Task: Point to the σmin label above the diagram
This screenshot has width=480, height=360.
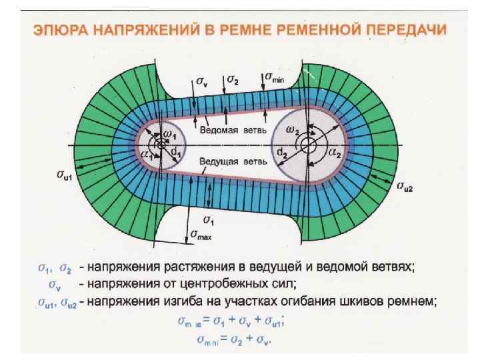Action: [x=275, y=77]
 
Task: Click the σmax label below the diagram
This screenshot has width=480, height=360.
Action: [x=201, y=235]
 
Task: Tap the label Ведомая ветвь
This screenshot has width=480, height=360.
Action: [x=228, y=131]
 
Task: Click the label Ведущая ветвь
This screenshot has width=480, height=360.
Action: [x=229, y=161]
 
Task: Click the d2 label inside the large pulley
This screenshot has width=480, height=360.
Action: [x=281, y=157]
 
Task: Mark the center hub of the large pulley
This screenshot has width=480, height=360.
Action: [x=307, y=144]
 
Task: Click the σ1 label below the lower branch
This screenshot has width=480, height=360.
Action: [x=207, y=220]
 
